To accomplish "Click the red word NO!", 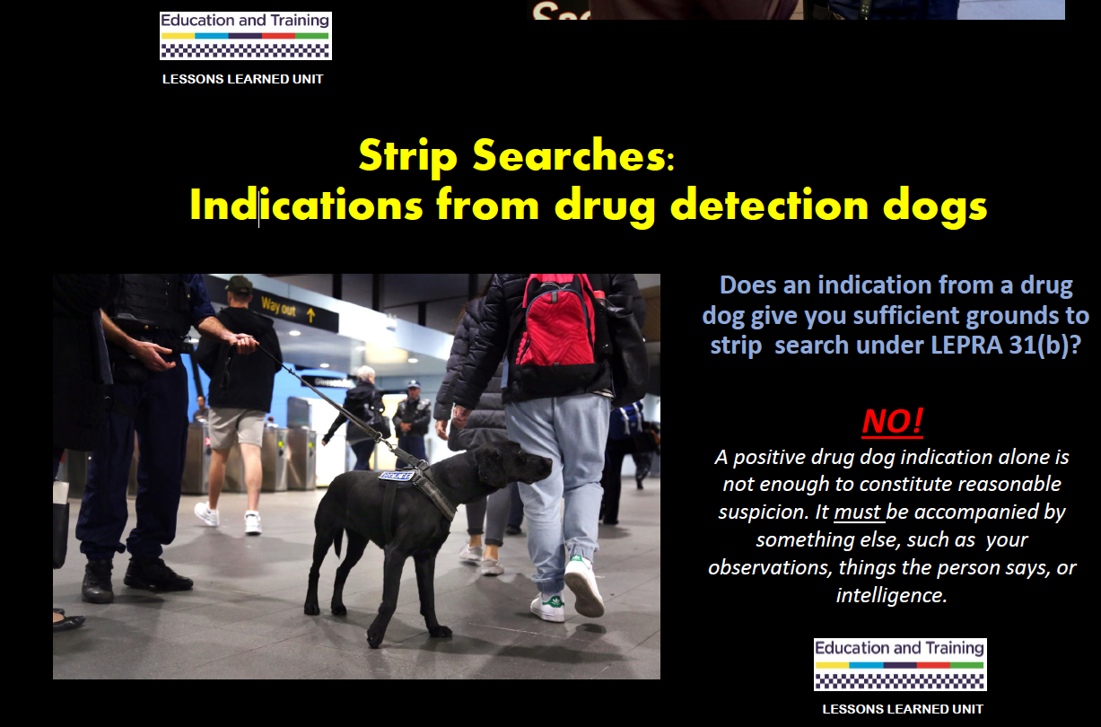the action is (x=893, y=421).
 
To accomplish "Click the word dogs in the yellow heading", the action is (x=935, y=207).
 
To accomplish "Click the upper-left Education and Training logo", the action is (x=246, y=36).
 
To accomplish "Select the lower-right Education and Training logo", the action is (x=900, y=664).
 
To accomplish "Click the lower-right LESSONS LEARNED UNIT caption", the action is (x=903, y=709).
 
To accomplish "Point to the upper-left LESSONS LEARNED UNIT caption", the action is (x=243, y=79).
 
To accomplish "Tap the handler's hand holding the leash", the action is (x=243, y=342).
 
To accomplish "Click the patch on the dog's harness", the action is (x=397, y=476).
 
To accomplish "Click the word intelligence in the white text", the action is (x=892, y=596).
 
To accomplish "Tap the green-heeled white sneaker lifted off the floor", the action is (x=584, y=586).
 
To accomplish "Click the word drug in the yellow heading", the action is (x=606, y=207).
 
